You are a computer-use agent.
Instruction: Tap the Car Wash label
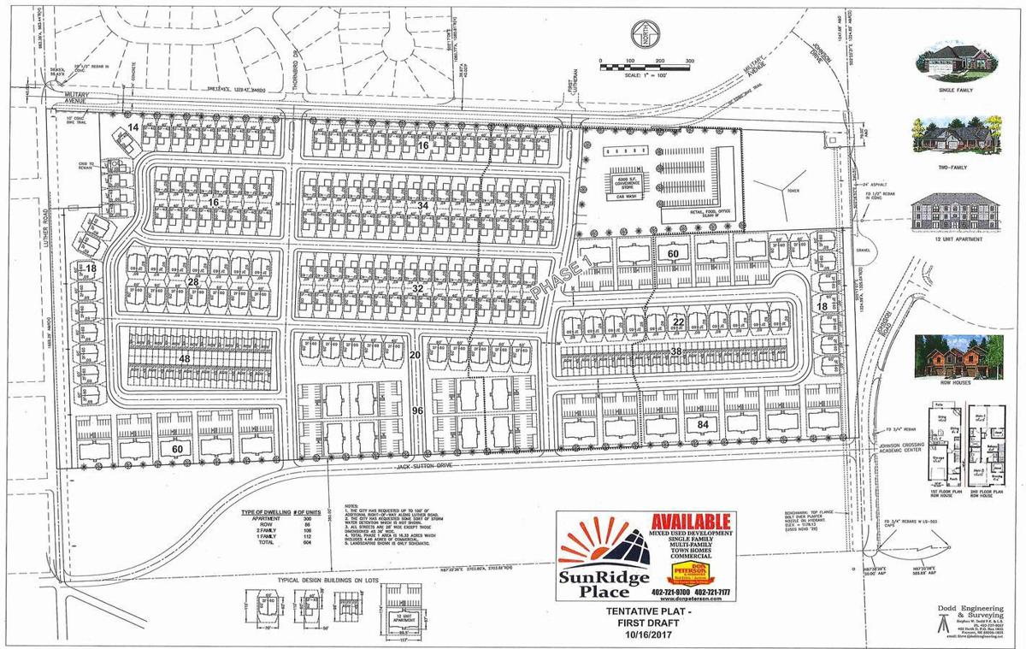(x=624, y=195)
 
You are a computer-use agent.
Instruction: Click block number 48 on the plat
(x=185, y=360)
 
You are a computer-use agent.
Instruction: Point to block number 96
(x=417, y=410)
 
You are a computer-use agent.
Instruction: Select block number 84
(x=704, y=424)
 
